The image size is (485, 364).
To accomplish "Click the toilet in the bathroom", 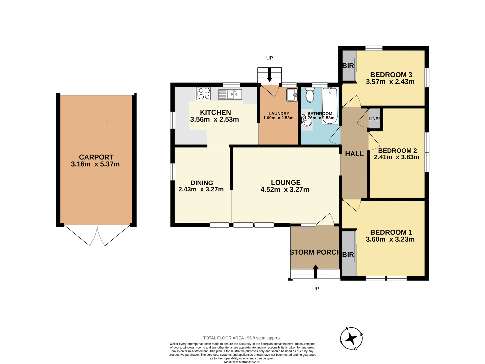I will click(310, 95).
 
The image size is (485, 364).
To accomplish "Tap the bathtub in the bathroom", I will click(330, 106).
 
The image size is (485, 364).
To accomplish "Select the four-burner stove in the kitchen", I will click(203, 94).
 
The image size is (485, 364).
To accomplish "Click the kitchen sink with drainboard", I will click(230, 95).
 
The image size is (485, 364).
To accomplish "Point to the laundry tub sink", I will click(292, 95).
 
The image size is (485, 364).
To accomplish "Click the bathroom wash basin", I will click(307, 120).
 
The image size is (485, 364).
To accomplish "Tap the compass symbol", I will click(351, 338).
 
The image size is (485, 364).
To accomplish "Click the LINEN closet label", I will click(374, 119).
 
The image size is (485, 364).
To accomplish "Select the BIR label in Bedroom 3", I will click(348, 66).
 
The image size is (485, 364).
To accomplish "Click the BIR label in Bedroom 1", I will click(348, 255).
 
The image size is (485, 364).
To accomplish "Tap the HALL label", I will click(354, 154).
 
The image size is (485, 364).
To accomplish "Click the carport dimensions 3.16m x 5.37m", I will click(95, 164).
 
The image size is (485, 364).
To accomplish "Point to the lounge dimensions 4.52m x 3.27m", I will click(285, 190).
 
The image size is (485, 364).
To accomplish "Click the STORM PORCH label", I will click(314, 252).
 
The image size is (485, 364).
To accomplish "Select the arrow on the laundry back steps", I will click(270, 75).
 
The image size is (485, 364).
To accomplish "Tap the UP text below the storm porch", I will click(316, 289).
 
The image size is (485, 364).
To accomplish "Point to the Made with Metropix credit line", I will click(242, 362).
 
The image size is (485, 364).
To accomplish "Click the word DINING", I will click(202, 183).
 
